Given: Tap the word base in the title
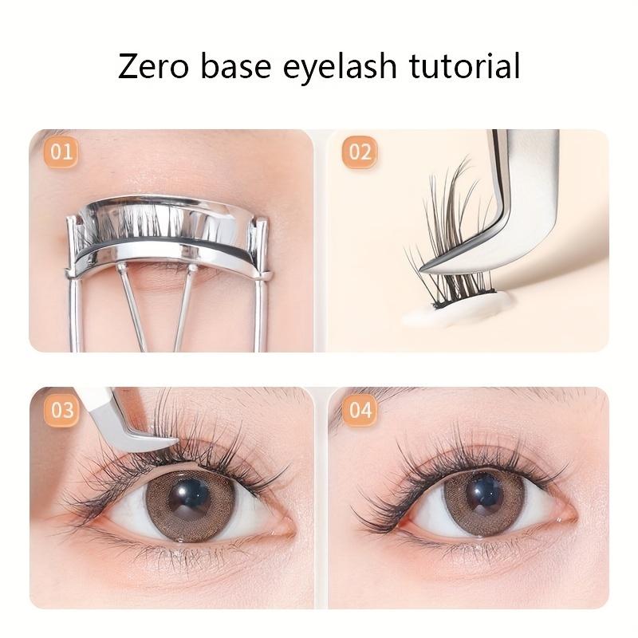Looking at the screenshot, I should pos(239,66).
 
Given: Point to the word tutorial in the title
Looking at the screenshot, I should pos(465,66).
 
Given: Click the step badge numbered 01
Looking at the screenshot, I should pos(61,152).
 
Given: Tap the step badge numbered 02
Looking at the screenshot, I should pos(360,152).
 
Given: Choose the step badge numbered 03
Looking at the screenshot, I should pos(61,410).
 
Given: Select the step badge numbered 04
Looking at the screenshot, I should pos(360,410).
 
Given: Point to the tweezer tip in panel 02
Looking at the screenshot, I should pos(431,270).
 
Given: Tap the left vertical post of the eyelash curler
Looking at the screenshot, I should pos(74,295).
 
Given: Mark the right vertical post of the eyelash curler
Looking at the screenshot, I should pos(261,295).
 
